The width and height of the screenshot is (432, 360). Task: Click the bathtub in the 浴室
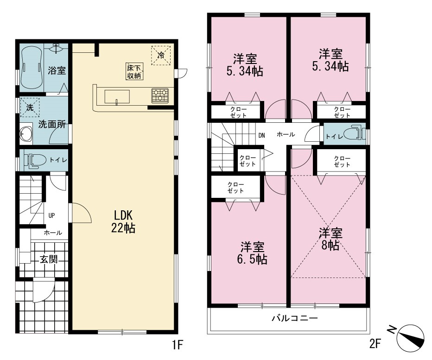click(x=32, y=68)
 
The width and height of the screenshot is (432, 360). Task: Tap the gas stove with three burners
click(x=160, y=95)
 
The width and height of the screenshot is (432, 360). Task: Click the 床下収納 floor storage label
click(x=134, y=71)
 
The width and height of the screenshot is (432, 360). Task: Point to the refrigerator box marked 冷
click(x=161, y=55)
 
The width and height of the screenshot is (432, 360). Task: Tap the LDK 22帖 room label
click(x=123, y=221)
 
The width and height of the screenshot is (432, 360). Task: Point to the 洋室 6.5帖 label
click(x=252, y=253)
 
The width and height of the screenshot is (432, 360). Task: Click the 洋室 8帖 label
click(x=330, y=239)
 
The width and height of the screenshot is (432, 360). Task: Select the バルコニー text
click(x=295, y=318)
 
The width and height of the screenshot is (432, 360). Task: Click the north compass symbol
click(x=409, y=337)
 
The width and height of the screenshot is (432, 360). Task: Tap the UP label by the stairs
click(x=51, y=215)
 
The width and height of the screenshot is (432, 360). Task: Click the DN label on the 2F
click(x=261, y=135)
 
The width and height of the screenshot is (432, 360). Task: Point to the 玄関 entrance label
click(x=49, y=259)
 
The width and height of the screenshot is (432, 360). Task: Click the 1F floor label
click(x=178, y=345)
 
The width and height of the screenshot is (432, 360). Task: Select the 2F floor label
click(x=375, y=343)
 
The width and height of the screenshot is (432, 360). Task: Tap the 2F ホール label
click(x=286, y=134)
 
